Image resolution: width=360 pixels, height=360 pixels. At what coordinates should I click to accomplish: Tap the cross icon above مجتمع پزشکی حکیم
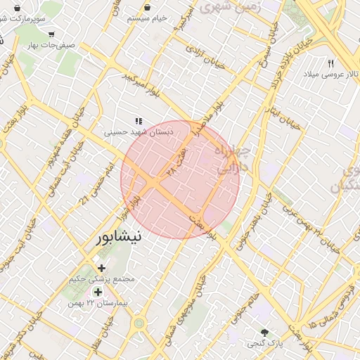click(x=102, y=268)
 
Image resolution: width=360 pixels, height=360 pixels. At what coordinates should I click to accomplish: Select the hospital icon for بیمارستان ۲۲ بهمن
click(x=98, y=292)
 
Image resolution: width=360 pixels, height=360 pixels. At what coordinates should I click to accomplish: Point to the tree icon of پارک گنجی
click(x=265, y=333)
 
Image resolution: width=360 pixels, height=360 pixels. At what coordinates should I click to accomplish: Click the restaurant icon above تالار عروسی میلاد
click(x=330, y=63)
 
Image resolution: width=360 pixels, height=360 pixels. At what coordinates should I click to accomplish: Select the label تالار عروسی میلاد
click(x=330, y=74)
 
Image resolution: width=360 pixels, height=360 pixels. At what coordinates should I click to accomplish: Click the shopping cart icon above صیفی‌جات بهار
click(x=51, y=33)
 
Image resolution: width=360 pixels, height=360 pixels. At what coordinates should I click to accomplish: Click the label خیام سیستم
click(x=147, y=18)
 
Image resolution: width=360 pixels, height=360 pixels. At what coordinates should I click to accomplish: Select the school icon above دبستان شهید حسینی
click(x=139, y=120)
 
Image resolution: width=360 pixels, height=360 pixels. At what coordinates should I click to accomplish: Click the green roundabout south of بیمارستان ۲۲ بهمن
click(x=139, y=323)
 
